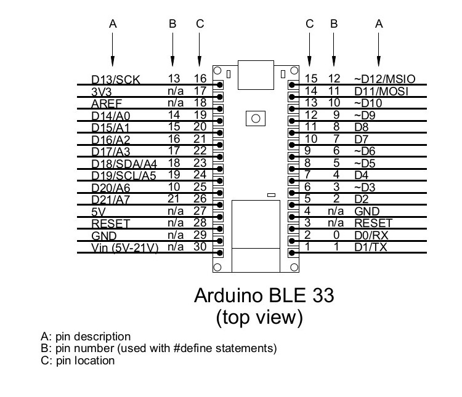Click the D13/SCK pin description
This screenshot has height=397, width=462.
116,79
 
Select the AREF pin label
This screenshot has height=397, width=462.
107,103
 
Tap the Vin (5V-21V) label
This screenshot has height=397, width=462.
125,247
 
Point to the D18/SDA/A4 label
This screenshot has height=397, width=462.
124,164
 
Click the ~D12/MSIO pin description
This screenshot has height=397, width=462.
385,79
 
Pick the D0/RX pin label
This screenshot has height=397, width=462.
371,235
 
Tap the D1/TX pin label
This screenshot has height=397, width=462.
370,247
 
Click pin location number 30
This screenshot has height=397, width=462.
200,247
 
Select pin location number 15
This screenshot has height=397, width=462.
311,79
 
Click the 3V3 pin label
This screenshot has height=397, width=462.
102,91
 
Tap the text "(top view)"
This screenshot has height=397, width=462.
259,318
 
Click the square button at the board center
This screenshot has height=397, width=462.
255,118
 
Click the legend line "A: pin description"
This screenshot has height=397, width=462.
86,337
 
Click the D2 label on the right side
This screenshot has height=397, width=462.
361,199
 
